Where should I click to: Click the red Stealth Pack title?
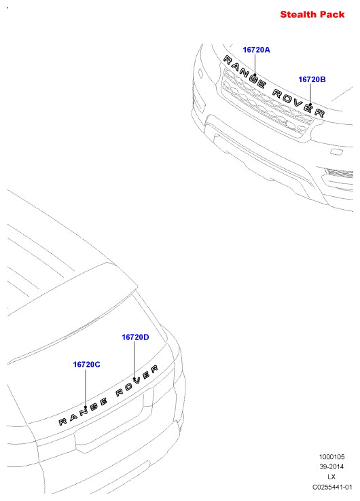click(x=312, y=14)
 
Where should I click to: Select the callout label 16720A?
click(x=256, y=50)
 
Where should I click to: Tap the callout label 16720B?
click(x=312, y=79)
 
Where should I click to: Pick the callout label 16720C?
click(x=87, y=365)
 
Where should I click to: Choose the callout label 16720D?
click(x=135, y=337)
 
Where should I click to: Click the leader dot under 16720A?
click(x=255, y=75)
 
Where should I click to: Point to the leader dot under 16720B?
click(x=310, y=104)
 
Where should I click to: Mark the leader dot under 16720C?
click(x=86, y=407)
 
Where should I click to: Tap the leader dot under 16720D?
click(x=134, y=379)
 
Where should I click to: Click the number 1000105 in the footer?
click(x=332, y=457)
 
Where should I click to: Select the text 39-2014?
click(x=331, y=466)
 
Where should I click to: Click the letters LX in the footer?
click(x=331, y=477)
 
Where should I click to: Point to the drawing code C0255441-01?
click(x=332, y=487)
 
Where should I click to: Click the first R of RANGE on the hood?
click(x=228, y=59)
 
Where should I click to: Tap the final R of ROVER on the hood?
click(x=319, y=113)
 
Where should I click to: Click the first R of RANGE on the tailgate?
click(x=62, y=422)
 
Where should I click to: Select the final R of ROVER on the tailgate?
click(x=154, y=369)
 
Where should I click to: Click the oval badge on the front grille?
click(x=290, y=125)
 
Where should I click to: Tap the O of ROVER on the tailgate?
click(x=128, y=387)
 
